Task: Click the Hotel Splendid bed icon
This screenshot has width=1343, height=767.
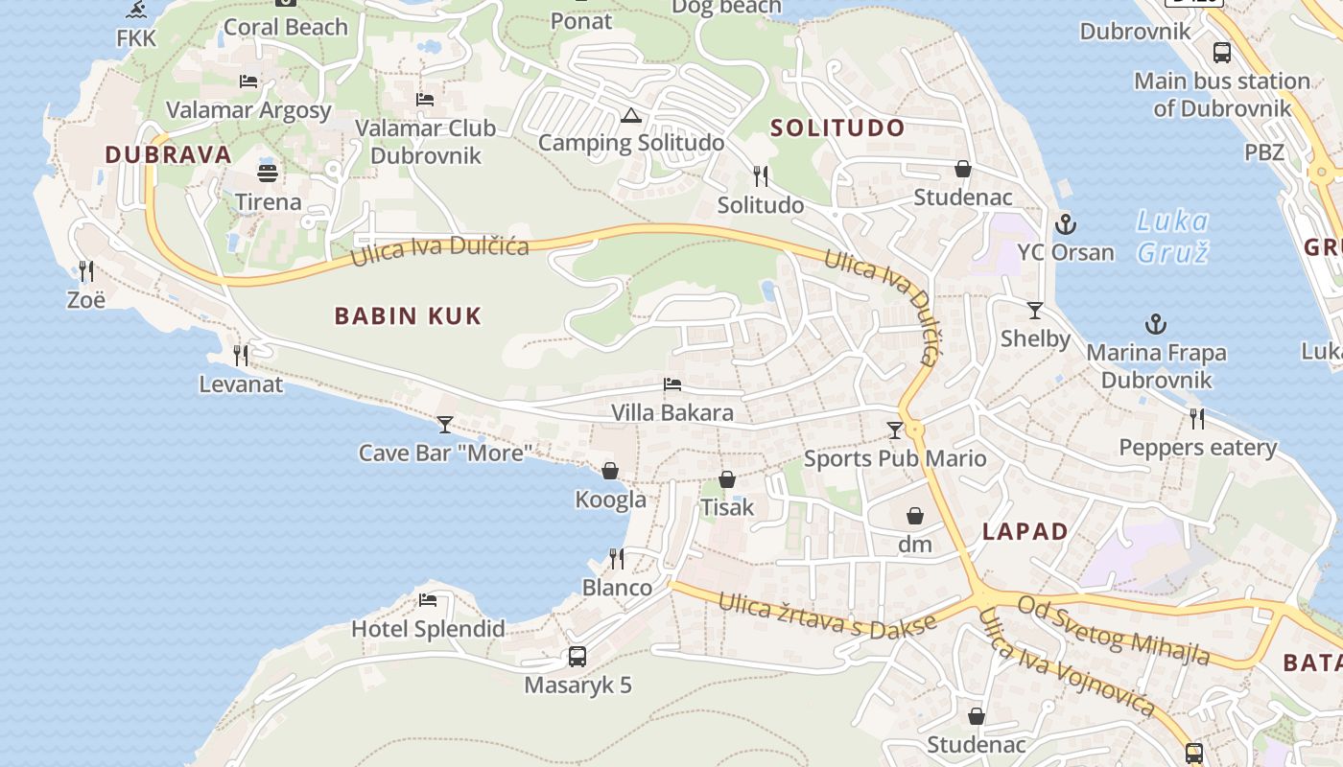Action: coord(428,600)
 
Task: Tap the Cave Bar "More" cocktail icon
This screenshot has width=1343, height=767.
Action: coord(445,424)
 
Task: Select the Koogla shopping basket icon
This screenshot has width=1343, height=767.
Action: coord(610,471)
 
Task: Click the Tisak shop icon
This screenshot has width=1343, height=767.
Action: coord(727,478)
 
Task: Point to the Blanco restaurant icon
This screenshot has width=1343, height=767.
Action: coord(617,558)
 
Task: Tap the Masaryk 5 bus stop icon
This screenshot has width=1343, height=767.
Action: coord(577,657)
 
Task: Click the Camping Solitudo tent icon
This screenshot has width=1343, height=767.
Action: coord(630,116)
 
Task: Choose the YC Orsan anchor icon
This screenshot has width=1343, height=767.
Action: coord(1065,225)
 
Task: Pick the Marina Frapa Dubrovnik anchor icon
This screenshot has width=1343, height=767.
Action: coord(1156,324)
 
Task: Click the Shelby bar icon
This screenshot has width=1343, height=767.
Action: coord(1035,310)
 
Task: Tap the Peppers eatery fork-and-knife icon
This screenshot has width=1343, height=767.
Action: coord(1197,419)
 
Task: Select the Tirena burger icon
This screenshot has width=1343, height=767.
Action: coord(268,174)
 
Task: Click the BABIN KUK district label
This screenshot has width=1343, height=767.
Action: coord(408,315)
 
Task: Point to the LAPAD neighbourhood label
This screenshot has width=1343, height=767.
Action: coord(1025,531)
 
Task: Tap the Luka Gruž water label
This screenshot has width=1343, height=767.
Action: coord(1172,237)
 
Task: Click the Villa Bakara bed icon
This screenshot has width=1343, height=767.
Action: coord(672,384)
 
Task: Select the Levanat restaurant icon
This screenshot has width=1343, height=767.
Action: coord(241,356)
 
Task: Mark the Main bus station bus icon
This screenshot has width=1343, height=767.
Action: coord(1222,53)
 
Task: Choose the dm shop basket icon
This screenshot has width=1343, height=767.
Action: coord(915,516)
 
